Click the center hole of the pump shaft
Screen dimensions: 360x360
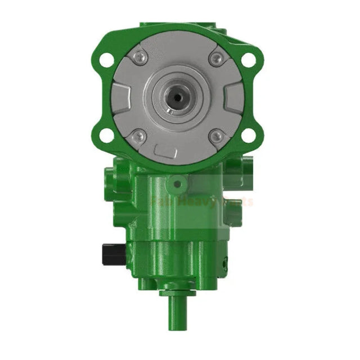point(178,97)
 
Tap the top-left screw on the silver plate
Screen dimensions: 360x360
point(139,57)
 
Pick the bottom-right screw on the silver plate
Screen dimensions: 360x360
point(216,136)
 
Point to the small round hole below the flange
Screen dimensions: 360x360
point(178,183)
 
